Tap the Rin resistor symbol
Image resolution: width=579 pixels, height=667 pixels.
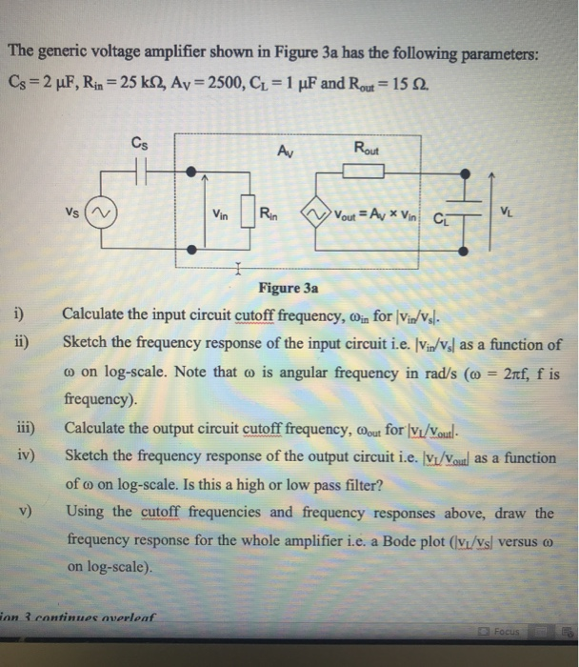pyautogui.click(x=249, y=211)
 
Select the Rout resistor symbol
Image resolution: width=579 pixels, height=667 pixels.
pyautogui.click(x=363, y=171)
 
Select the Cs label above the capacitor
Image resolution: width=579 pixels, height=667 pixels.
pyautogui.click(x=140, y=145)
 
